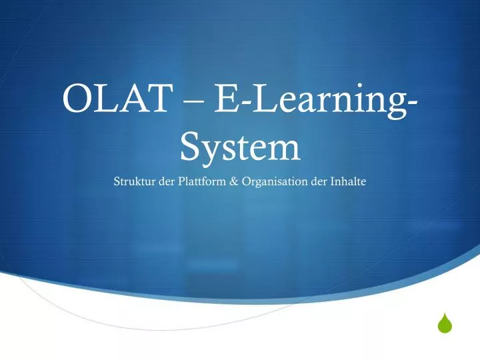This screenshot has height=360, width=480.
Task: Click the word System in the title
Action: click(240, 147)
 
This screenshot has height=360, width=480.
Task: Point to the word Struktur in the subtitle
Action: click(135, 182)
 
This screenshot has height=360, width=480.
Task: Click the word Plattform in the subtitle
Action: click(201, 182)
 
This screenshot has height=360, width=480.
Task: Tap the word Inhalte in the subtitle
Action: click(348, 182)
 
